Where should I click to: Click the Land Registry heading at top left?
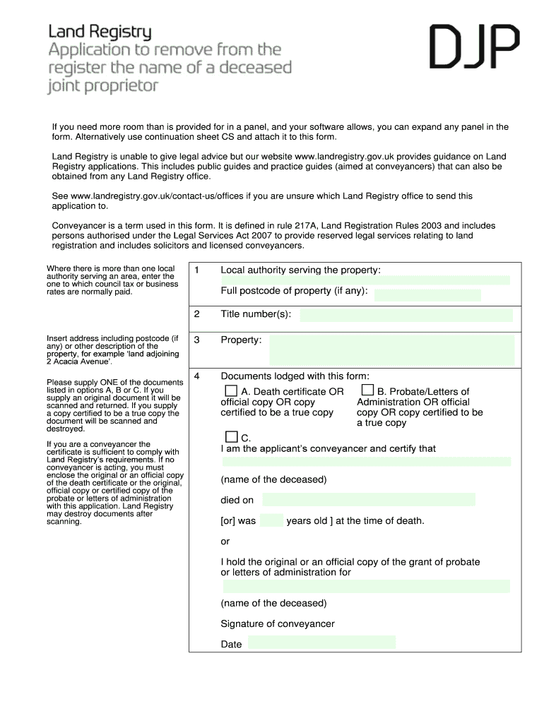click(100, 32)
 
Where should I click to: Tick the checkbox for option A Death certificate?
click(231, 390)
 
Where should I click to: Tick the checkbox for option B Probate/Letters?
click(367, 390)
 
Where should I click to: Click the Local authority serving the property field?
click(365, 280)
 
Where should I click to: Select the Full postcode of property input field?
click(427, 295)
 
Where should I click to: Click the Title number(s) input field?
click(406, 315)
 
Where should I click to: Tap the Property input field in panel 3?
click(392, 350)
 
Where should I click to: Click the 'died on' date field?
click(368, 500)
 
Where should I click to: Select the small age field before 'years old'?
click(271, 521)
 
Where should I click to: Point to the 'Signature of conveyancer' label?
click(278, 623)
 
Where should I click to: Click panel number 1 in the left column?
click(197, 270)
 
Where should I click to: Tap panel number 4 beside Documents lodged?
click(197, 376)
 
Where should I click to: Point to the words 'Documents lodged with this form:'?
click(295, 376)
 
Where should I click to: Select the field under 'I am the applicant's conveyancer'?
click(366, 462)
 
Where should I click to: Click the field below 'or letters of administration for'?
click(366, 586)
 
